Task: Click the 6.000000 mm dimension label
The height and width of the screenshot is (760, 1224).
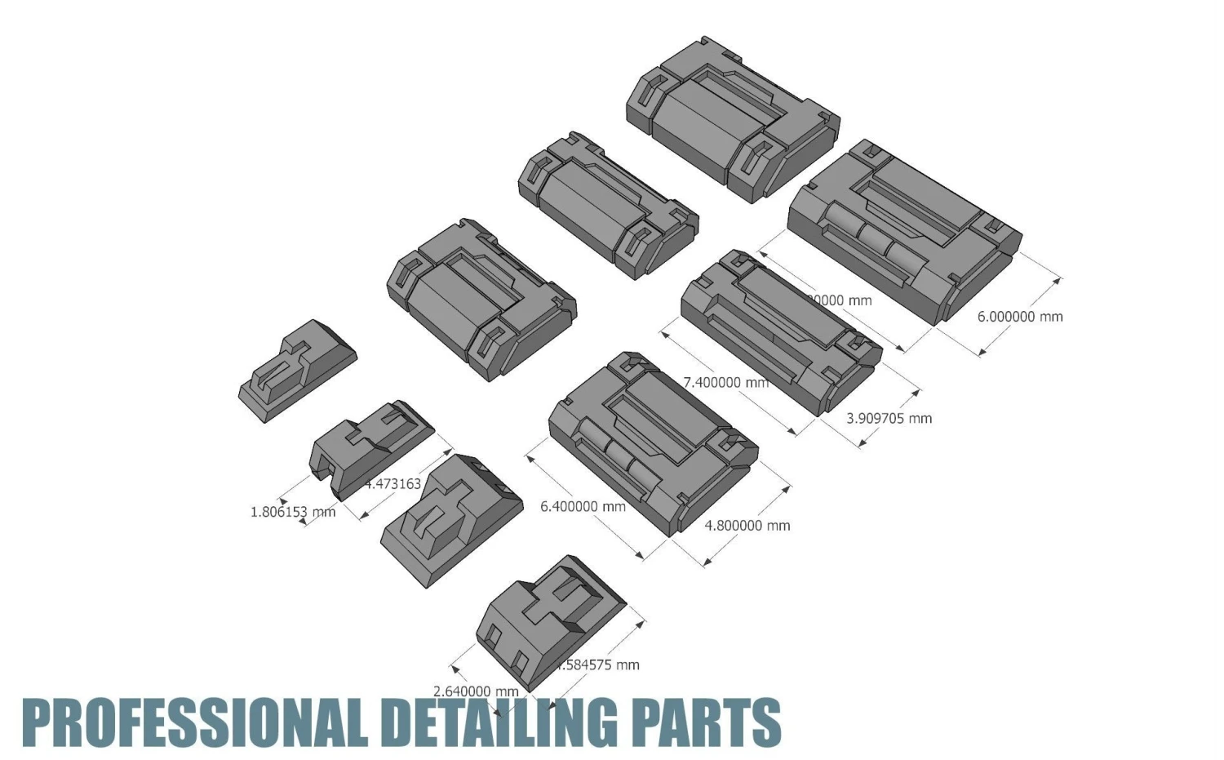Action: [x=1020, y=317]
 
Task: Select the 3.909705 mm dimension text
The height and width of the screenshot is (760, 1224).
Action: [x=889, y=419]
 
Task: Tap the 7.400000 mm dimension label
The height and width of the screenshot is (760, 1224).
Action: [x=725, y=382]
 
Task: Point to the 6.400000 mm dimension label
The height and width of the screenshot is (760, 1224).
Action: [x=583, y=507]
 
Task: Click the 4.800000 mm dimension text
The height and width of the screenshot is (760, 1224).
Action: [x=747, y=526]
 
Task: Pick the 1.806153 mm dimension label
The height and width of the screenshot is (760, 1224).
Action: [x=292, y=513]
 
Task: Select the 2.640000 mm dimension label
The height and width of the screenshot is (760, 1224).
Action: [x=475, y=691]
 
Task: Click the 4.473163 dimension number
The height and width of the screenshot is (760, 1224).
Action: [x=393, y=484]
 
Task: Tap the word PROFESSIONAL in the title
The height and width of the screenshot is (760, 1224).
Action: [x=192, y=722]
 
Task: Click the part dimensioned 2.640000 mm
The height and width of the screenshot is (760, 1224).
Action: [x=551, y=620]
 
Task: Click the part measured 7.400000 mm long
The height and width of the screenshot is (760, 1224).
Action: [x=779, y=331]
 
